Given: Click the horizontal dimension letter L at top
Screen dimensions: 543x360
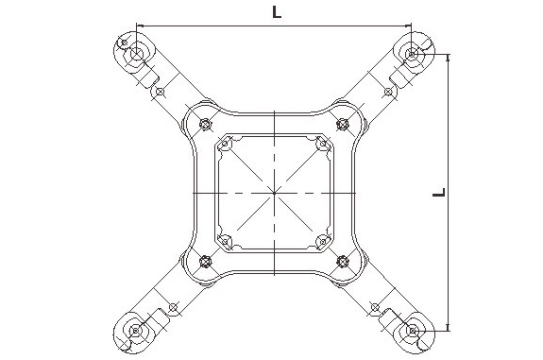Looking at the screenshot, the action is (x=275, y=12).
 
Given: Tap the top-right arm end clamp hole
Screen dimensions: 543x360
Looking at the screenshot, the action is (x=413, y=52).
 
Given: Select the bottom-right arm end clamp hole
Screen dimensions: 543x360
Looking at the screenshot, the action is (x=413, y=331).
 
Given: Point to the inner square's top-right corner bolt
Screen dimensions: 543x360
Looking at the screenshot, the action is (x=322, y=144).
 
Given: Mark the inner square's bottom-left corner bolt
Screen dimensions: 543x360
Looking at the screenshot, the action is (x=227, y=239).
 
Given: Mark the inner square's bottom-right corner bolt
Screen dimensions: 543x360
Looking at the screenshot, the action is (x=322, y=239).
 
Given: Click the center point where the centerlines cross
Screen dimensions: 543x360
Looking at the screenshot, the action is (x=275, y=192).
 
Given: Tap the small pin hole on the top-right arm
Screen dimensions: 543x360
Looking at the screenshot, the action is (x=387, y=92).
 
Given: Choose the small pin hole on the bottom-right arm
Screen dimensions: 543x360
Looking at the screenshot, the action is (x=376, y=307).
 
